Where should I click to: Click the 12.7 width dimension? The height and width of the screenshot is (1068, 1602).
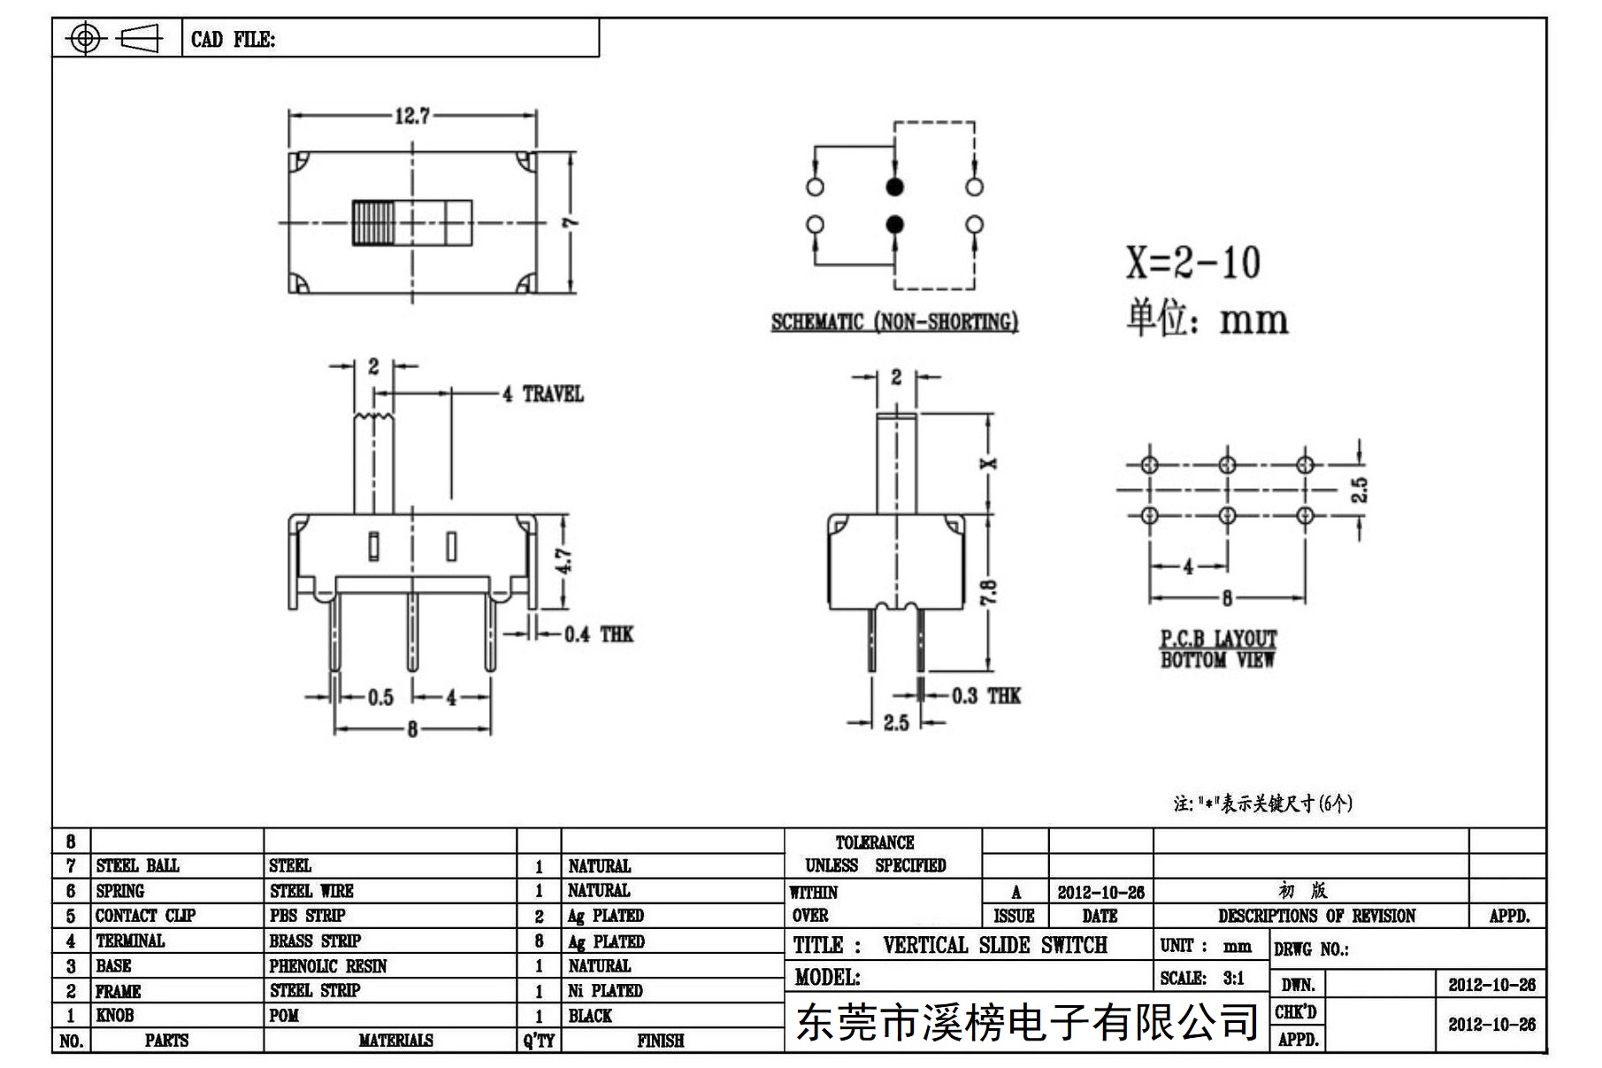pos(412,116)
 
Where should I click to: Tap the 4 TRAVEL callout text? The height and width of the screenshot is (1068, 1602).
pos(543,395)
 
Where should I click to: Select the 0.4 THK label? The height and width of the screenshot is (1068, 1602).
pos(599,634)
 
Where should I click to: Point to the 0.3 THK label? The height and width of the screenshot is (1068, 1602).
pos(986,696)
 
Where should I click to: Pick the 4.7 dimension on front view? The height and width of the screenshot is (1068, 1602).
pos(564,561)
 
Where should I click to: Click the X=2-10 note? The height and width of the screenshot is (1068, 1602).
pos(1193,262)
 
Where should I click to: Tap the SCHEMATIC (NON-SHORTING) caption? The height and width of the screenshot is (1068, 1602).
pos(894,322)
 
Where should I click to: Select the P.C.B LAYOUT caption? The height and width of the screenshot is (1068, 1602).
pos(1219,638)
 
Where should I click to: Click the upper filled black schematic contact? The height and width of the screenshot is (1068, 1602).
pos(894,188)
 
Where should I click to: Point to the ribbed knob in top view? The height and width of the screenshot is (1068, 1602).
pos(372,223)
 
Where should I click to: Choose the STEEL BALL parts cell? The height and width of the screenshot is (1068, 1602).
pos(137,865)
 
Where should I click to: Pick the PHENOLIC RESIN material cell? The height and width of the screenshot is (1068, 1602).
pos(328,966)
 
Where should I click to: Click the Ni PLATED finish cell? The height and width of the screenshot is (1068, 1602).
pos(605,991)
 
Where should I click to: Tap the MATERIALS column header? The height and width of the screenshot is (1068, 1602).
pos(395,1041)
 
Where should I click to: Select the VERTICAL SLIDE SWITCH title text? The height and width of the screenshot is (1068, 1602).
pos(994,945)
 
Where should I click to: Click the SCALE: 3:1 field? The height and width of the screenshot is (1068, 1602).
pos(1202,978)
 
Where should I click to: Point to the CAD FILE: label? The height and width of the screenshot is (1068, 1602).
pos(233,40)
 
